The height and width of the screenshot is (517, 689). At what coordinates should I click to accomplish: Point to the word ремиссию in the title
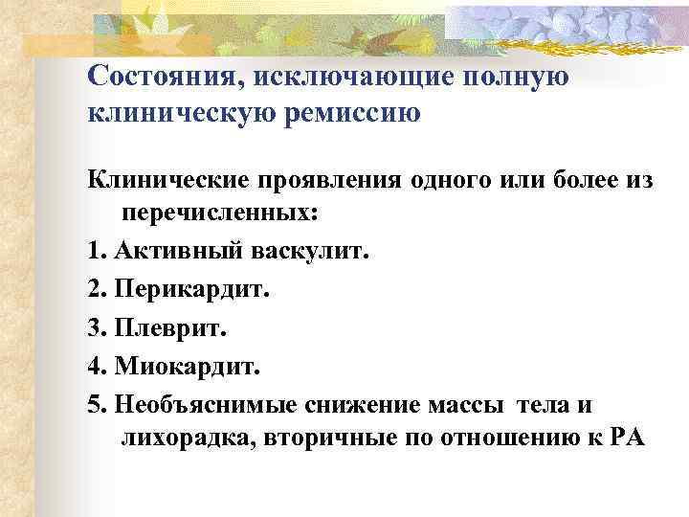(352, 114)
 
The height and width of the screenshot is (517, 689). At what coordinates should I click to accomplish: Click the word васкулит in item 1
(309, 252)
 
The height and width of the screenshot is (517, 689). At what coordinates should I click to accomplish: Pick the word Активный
(178, 252)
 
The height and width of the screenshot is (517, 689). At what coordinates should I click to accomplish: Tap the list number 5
(94, 403)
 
